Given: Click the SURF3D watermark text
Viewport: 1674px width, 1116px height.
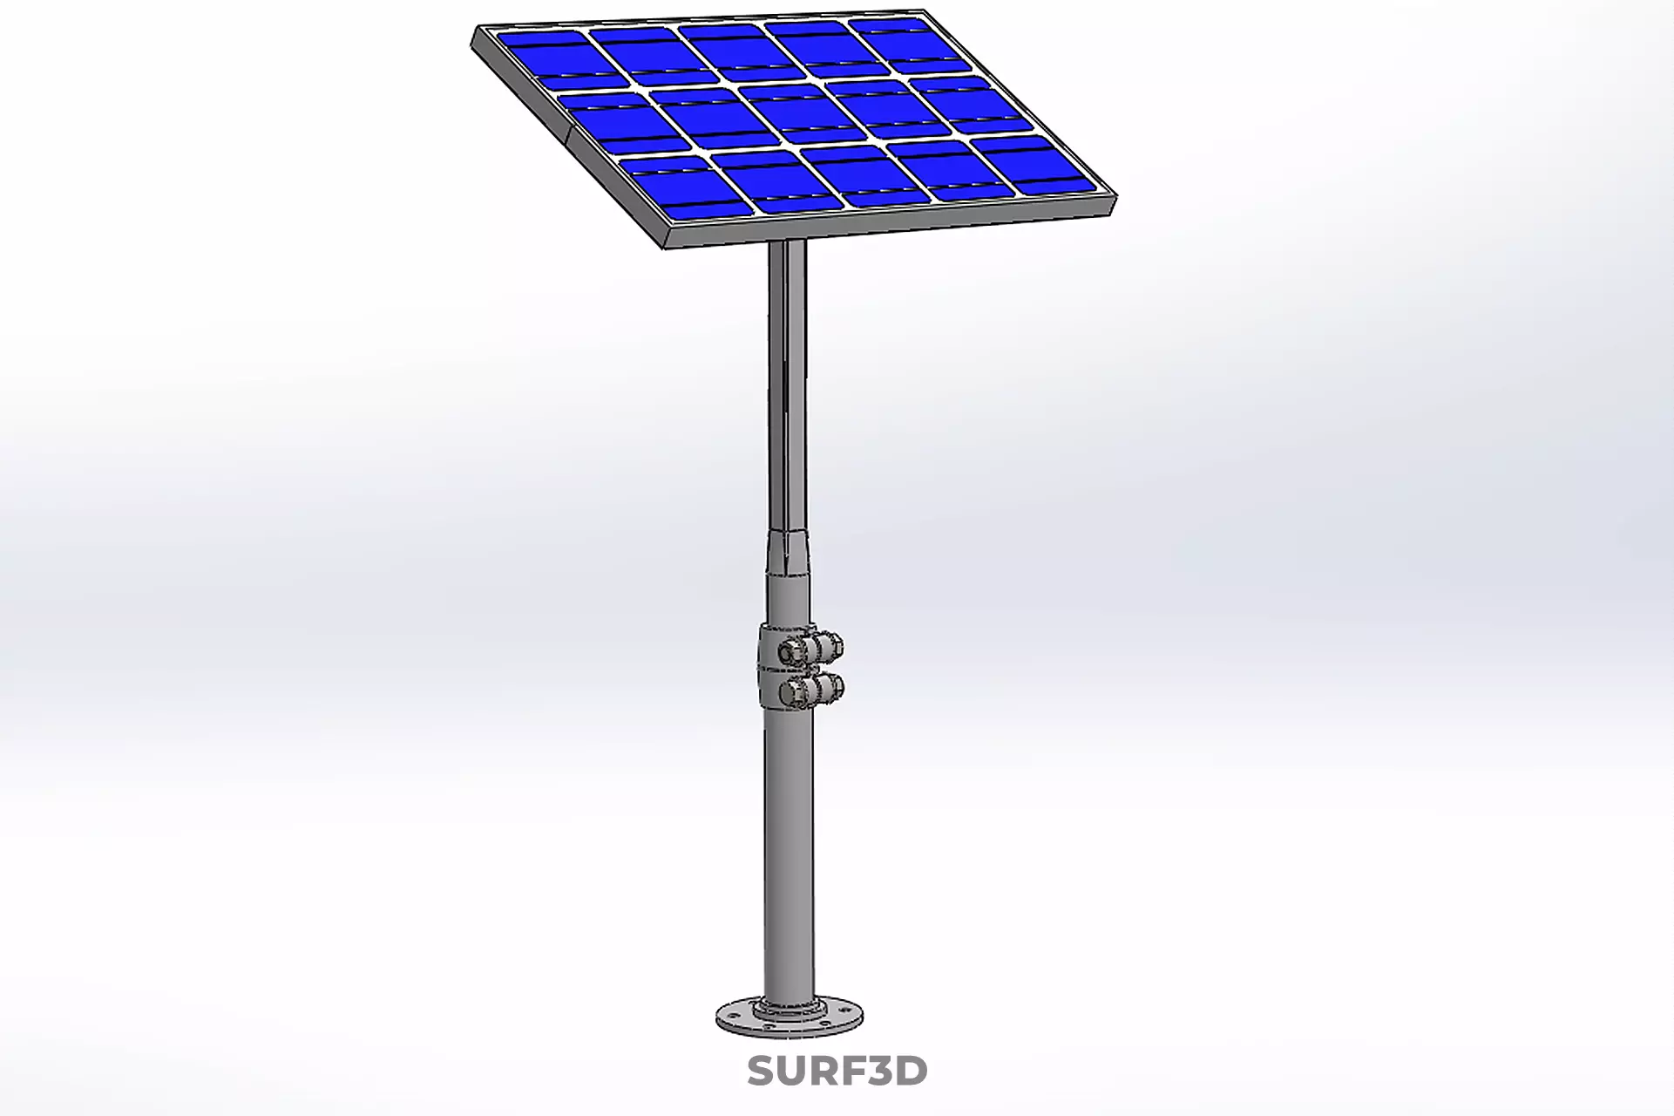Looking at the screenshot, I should pos(837,1071).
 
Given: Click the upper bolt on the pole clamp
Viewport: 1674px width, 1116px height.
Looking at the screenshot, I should pos(810,647).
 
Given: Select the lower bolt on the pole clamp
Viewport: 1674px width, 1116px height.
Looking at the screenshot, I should pos(810,690).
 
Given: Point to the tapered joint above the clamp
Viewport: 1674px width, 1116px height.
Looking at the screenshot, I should pos(788,549).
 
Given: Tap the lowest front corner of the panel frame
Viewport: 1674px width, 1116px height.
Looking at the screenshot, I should pos(668,242).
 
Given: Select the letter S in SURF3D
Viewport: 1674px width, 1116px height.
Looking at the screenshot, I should pos(761,1071).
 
